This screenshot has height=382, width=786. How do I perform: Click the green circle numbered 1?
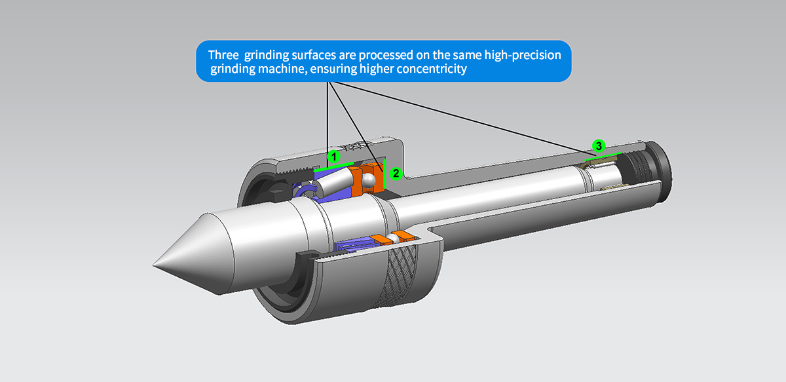pos(333,157)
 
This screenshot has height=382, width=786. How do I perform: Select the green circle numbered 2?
pos(395,174)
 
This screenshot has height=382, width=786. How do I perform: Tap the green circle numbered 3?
pos(597,145)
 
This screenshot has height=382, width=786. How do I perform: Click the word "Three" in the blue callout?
pos(223,54)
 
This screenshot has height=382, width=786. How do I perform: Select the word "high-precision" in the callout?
pos(523,54)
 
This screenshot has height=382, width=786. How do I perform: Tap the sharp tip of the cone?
pos(155,265)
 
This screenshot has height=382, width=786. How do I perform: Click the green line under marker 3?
pos(603,157)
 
